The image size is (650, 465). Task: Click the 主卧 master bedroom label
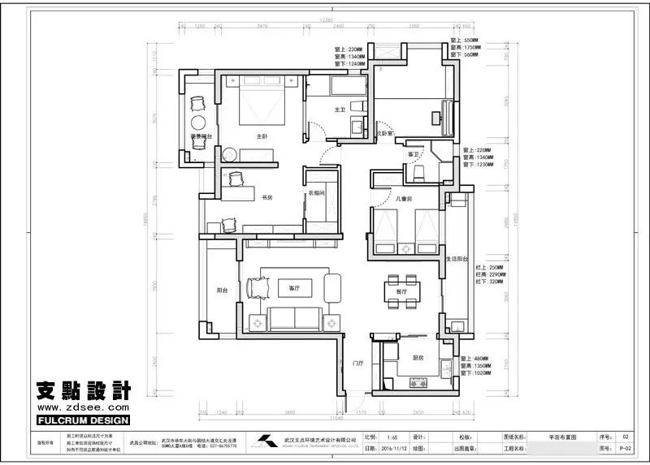click(262, 136)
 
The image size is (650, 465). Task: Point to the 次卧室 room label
click(383, 132)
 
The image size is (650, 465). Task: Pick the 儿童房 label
click(404, 198)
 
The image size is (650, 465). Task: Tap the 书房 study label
click(266, 197)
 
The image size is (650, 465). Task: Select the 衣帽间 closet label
click(316, 193)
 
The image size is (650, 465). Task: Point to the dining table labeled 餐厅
click(401, 291)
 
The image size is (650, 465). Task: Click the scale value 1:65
click(392, 436)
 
